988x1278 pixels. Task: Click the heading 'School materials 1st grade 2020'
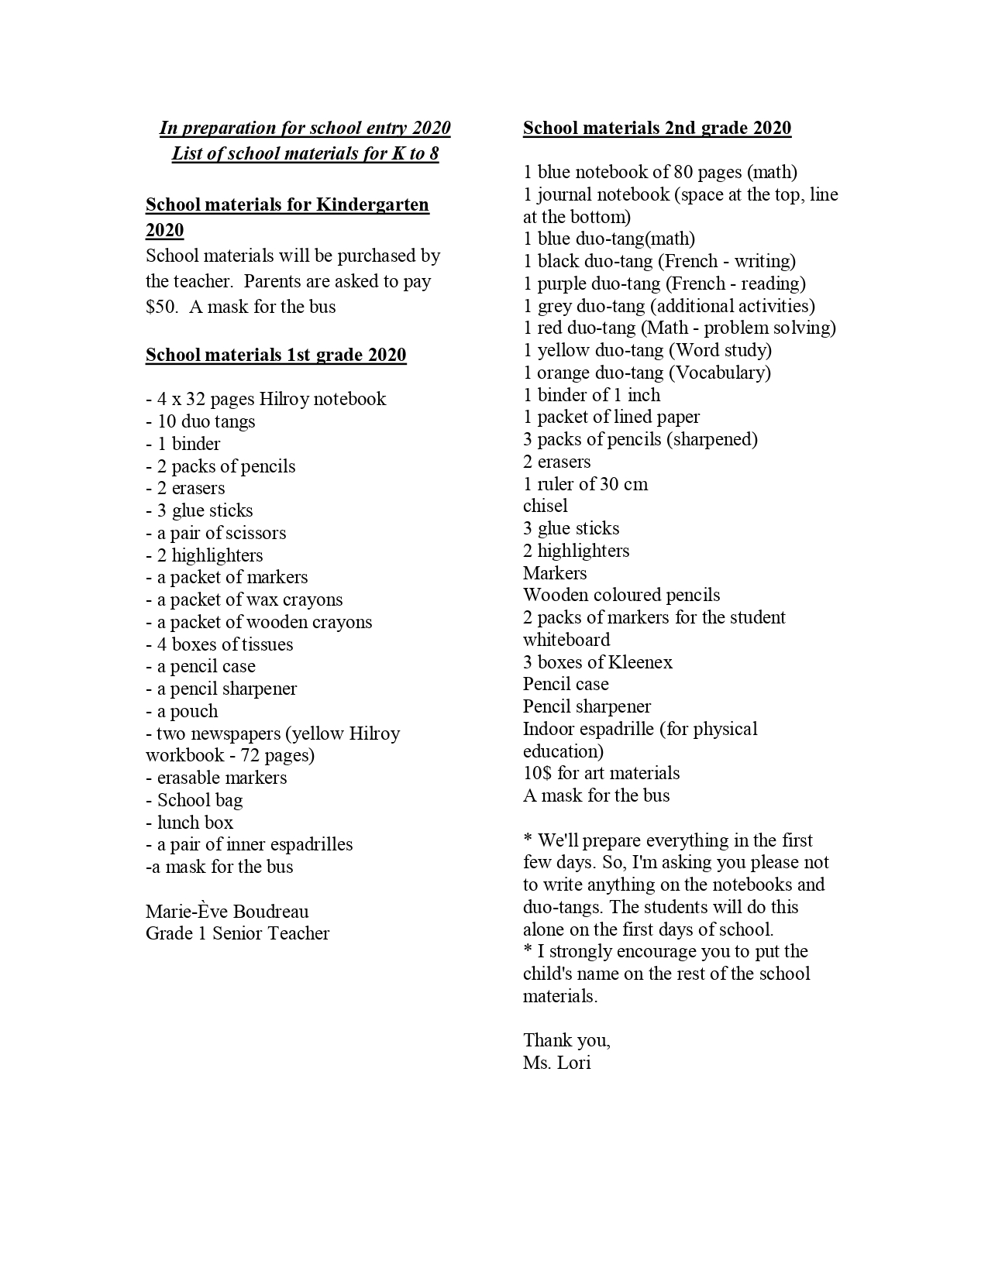click(276, 355)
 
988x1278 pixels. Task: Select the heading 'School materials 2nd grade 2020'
click(657, 128)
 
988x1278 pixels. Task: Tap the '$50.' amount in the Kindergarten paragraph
click(162, 307)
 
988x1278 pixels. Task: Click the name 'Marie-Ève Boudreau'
click(227, 911)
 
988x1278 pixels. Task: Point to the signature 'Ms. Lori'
click(556, 1063)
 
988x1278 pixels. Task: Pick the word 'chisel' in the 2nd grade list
click(545, 506)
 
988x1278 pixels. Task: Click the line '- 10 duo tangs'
click(200, 421)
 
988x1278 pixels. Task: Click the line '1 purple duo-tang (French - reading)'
click(664, 283)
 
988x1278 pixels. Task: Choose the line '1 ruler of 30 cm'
click(585, 484)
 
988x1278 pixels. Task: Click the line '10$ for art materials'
click(601, 773)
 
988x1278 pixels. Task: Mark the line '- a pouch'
click(181, 711)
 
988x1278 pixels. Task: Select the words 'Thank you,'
click(566, 1040)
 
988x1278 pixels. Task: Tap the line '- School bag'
click(194, 800)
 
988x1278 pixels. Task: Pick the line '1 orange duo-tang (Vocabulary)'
click(647, 373)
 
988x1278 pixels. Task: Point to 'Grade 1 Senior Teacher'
click(237, 933)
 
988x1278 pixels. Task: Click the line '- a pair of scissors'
click(215, 533)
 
